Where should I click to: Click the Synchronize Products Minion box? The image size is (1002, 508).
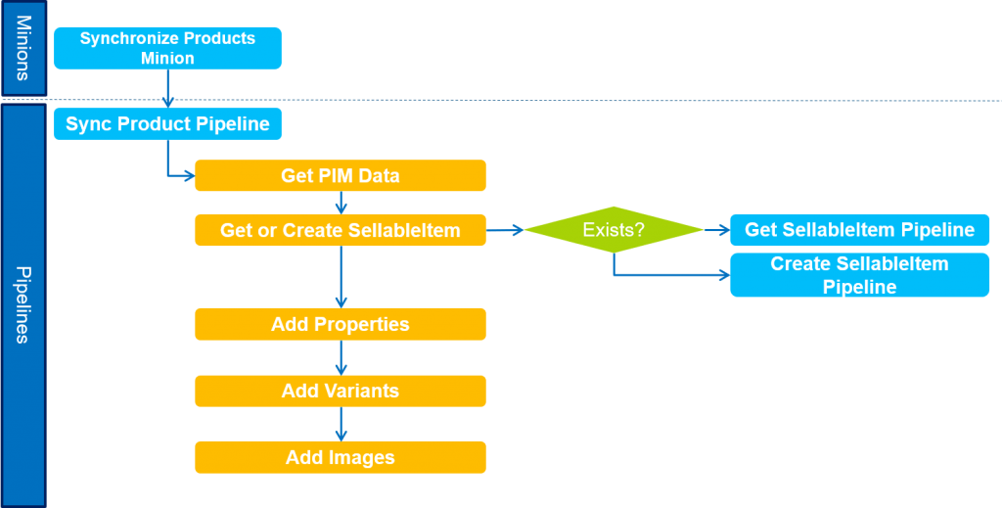[x=167, y=48]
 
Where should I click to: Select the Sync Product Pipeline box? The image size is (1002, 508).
[x=167, y=124]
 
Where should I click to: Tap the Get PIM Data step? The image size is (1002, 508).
[x=340, y=176]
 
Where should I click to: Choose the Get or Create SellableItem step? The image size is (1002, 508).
[x=340, y=230]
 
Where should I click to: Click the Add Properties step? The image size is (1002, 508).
[x=340, y=324]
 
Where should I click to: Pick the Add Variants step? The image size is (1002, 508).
[x=340, y=391]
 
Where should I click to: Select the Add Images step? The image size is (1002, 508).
[x=340, y=457]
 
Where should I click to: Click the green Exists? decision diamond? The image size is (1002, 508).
[x=614, y=230]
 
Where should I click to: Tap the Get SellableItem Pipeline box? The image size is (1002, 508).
[x=859, y=230]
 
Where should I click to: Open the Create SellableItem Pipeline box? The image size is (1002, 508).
[x=859, y=275]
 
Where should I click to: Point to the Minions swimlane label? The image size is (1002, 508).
[x=23, y=48]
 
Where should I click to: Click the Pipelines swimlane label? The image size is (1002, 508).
[x=23, y=304]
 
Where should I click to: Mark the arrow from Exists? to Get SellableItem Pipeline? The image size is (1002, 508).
[x=716, y=230]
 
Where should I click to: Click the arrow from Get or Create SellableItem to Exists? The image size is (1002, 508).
[x=505, y=230]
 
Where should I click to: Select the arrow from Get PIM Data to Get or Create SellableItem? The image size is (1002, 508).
[x=341, y=203]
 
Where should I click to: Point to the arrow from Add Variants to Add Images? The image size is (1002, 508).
[x=341, y=424]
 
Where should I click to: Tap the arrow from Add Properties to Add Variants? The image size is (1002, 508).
[x=341, y=357]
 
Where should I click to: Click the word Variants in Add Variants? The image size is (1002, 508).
[x=361, y=391]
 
